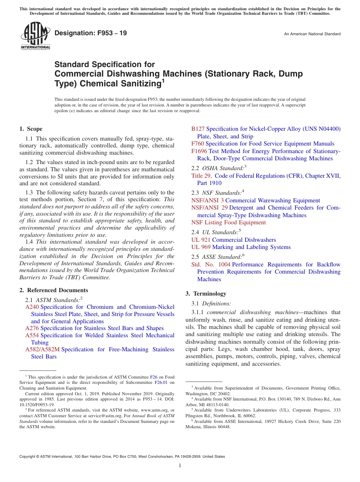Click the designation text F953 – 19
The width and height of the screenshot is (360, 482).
[91, 33]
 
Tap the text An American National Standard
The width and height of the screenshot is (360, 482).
[312, 34]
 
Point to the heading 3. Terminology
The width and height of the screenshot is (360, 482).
[206, 294]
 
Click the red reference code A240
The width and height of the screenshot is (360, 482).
[32, 307]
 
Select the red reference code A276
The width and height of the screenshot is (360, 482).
[32, 328]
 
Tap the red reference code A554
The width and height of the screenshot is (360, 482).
[32, 335]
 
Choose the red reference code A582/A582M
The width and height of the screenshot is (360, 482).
[42, 349]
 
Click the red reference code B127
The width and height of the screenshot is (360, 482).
[198, 129]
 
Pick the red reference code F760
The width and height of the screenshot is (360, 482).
[197, 144]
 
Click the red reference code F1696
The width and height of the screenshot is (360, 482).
[199, 151]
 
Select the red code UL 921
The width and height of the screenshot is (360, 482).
[201, 240]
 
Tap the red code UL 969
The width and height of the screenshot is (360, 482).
[201, 247]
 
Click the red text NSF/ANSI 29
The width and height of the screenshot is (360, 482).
[209, 208]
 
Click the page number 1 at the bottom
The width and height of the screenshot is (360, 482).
[180, 465]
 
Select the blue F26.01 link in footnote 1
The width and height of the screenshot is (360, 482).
[161, 383]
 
